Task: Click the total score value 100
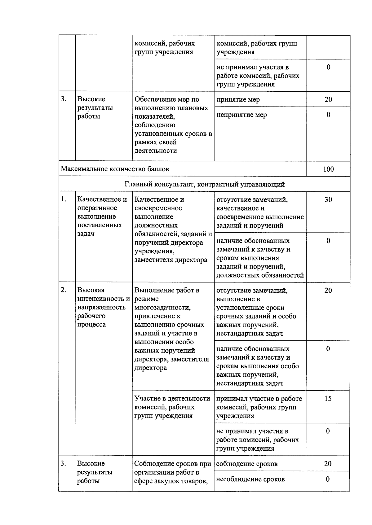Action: click(x=328, y=169)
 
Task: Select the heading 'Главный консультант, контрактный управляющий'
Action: click(x=205, y=185)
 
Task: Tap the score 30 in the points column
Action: click(x=328, y=200)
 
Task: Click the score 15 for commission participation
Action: click(x=328, y=399)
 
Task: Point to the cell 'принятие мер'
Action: click(x=238, y=100)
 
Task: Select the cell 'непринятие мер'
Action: click(x=241, y=115)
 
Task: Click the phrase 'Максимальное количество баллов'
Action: click(x=115, y=169)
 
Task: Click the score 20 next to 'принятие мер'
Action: click(x=328, y=99)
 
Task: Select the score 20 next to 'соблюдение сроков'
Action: click(x=328, y=464)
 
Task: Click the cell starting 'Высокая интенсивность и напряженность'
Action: click(x=103, y=307)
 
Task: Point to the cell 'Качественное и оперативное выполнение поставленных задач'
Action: click(x=102, y=217)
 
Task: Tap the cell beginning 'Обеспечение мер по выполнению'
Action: click(x=173, y=125)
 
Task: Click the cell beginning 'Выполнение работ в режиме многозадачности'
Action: click(x=172, y=329)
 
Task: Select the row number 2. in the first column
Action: click(x=64, y=290)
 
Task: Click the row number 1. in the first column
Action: click(x=64, y=199)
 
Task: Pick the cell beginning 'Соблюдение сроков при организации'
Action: click(x=172, y=472)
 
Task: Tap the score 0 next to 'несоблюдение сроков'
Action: click(x=328, y=479)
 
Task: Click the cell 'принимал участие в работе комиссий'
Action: click(x=259, y=407)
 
